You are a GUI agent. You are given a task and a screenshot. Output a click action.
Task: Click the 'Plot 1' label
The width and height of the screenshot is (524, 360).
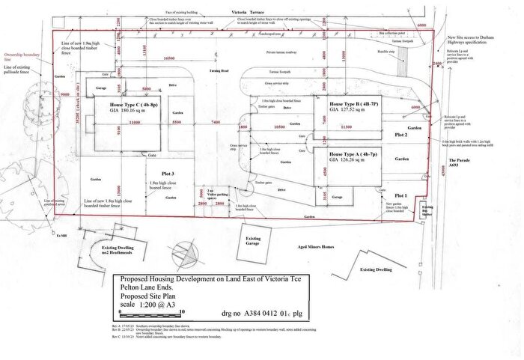pyautogui.click(x=401, y=195)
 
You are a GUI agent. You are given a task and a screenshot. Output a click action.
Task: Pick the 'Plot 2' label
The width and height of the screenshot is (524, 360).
pyautogui.click(x=401, y=135)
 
